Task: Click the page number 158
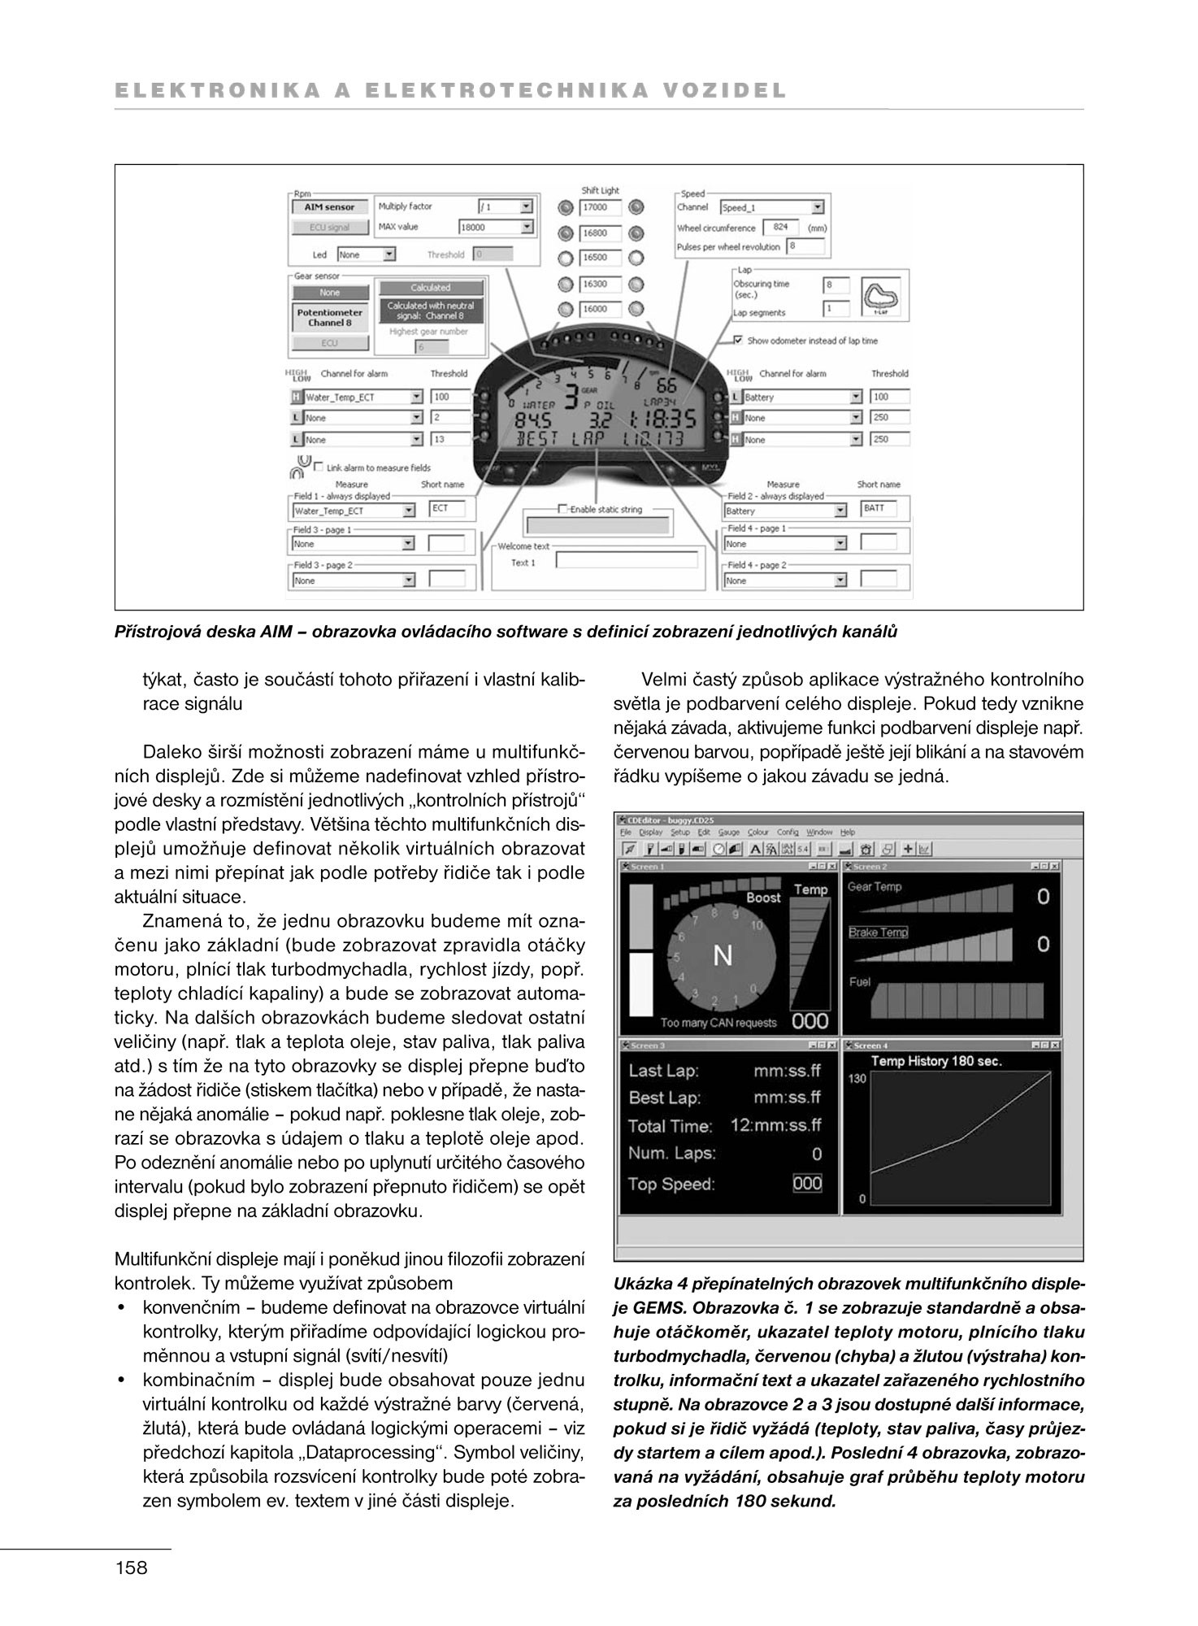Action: (132, 1568)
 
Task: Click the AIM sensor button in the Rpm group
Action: (329, 207)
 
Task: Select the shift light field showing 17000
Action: (600, 207)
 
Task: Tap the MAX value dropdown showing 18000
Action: (496, 228)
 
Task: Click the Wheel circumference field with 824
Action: (780, 228)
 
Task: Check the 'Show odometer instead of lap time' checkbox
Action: (738, 341)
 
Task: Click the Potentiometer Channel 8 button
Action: (329, 318)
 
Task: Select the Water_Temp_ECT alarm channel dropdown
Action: (358, 398)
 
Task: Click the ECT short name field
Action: (448, 509)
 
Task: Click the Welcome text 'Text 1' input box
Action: (626, 560)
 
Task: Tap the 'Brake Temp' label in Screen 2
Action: (878, 933)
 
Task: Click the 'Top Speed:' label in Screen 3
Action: (671, 1185)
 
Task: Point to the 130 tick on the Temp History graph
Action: (857, 1079)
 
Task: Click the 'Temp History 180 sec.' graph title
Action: (936, 1061)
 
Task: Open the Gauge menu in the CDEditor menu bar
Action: (728, 833)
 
